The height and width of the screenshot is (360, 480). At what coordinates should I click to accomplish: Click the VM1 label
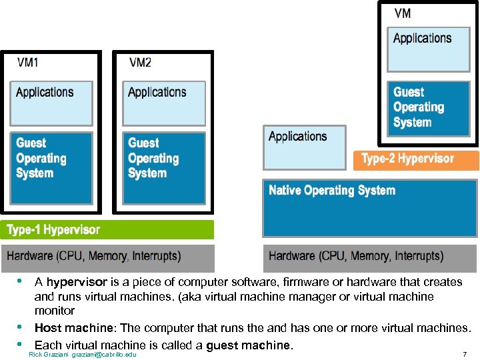pyautogui.click(x=27, y=63)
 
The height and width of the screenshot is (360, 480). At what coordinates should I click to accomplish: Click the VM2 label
pyautogui.click(x=140, y=63)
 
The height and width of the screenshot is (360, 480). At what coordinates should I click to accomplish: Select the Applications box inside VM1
pyautogui.click(x=51, y=103)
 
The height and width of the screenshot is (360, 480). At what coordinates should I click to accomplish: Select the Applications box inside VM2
pyautogui.click(x=163, y=103)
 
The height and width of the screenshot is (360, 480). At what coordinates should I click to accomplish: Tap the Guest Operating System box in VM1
pyautogui.click(x=51, y=168)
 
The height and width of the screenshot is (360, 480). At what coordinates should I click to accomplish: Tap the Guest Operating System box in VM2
pyautogui.click(x=163, y=168)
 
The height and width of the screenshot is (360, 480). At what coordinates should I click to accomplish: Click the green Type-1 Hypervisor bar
pyautogui.click(x=107, y=230)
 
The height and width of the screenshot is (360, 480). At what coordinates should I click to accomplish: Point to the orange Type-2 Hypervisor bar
pyautogui.click(x=416, y=159)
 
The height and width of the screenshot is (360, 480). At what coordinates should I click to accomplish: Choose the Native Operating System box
pyautogui.click(x=371, y=207)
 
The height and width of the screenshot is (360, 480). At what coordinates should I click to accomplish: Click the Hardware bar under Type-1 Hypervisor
pyautogui.click(x=107, y=257)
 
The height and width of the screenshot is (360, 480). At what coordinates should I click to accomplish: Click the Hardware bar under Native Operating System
pyautogui.click(x=371, y=257)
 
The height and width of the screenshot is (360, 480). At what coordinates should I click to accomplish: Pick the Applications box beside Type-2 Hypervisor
pyautogui.click(x=305, y=147)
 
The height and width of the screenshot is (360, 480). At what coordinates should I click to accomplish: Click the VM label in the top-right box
pyautogui.click(x=403, y=13)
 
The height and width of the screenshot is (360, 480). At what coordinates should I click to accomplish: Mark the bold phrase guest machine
pyautogui.click(x=249, y=345)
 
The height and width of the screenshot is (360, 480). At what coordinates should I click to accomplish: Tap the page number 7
pyautogui.click(x=465, y=354)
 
